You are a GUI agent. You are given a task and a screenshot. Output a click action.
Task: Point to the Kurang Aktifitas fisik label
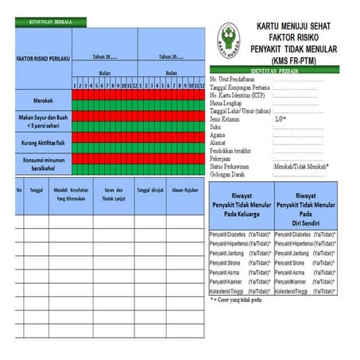click(43, 143)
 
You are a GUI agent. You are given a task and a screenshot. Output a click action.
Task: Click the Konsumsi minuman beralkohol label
click(43, 163)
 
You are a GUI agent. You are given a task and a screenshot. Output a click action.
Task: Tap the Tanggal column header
click(37, 191)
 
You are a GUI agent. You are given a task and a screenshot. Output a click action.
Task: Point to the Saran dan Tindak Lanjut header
click(114, 195)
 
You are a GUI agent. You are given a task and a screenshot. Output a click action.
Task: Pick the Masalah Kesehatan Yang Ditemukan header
click(74, 195)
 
